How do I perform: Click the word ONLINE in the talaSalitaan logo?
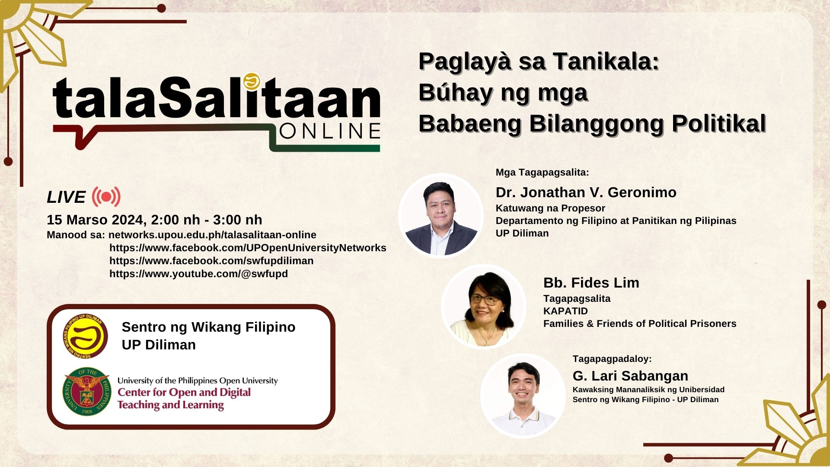pyautogui.click(x=330, y=131)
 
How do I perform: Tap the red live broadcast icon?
pyautogui.click(x=106, y=197)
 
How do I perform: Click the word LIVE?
pyautogui.click(x=66, y=197)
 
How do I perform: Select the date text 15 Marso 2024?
pyautogui.click(x=95, y=220)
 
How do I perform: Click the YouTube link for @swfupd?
pyautogui.click(x=198, y=274)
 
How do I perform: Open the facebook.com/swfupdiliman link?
pyautogui.click(x=211, y=261)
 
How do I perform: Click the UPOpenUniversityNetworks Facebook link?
pyautogui.click(x=248, y=248)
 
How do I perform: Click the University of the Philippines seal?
pyautogui.click(x=86, y=392)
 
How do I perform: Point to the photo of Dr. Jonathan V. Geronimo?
pyautogui.click(x=441, y=215)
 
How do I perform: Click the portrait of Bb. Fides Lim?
pyautogui.click(x=484, y=306)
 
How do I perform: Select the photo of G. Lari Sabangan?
pyautogui.click(x=523, y=396)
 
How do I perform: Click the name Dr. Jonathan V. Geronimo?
pyautogui.click(x=586, y=192)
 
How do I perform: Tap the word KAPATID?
pyautogui.click(x=565, y=311)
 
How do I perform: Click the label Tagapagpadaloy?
pyautogui.click(x=612, y=359)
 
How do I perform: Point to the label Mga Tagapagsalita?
pyautogui.click(x=542, y=173)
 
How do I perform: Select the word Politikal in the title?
pyautogui.click(x=718, y=124)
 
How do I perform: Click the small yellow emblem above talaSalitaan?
pyautogui.click(x=251, y=81)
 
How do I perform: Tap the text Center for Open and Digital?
pyautogui.click(x=184, y=392)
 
